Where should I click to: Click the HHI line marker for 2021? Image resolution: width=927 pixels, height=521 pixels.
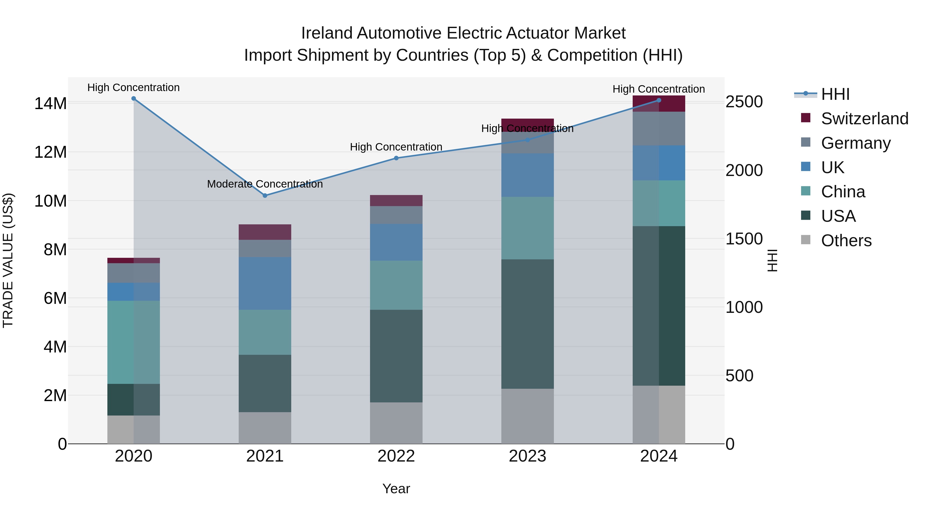265,196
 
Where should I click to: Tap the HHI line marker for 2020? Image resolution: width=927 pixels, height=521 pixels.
133,99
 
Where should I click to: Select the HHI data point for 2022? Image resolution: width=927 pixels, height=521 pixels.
396,158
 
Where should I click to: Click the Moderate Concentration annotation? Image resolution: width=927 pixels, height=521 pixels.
265,184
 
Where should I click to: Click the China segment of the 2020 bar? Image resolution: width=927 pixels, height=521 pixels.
133,342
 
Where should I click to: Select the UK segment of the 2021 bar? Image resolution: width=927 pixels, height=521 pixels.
265,283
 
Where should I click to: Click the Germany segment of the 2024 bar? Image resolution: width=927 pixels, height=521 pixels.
659,128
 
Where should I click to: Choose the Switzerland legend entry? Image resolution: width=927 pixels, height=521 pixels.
864,119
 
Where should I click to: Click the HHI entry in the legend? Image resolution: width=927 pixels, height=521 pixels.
835,94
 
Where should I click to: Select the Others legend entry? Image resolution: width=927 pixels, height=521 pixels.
846,241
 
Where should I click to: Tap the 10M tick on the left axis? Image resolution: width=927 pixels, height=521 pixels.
50,201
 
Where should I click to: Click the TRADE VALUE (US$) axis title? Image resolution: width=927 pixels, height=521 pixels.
8,260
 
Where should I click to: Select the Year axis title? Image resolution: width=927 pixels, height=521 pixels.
396,489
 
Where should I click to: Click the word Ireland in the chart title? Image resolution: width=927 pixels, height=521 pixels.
327,33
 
